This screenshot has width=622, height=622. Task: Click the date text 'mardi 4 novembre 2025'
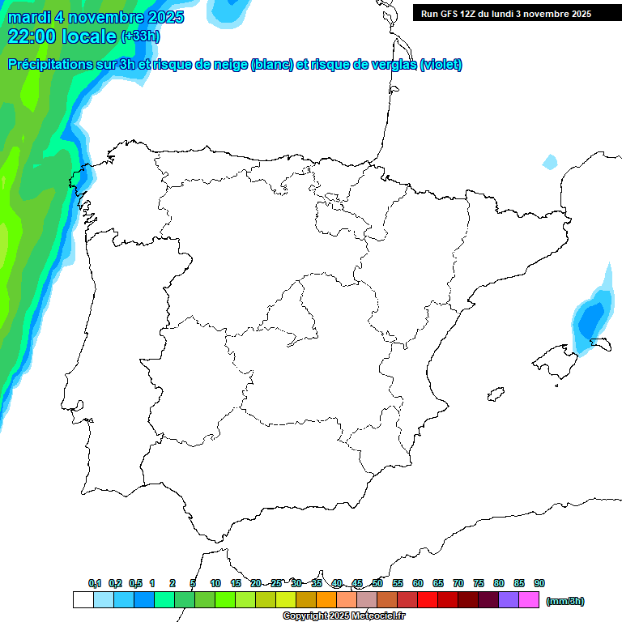tap(96, 17)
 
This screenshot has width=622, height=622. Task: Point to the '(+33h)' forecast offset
tap(140, 36)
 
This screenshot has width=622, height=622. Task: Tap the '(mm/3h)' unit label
tap(565, 601)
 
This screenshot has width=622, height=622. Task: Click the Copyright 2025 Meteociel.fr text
tap(344, 616)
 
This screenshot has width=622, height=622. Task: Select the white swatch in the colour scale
tap(83, 600)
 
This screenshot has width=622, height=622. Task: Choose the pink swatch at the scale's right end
tap(529, 600)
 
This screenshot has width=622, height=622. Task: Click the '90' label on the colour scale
tap(539, 583)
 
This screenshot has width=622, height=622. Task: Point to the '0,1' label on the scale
tap(95, 583)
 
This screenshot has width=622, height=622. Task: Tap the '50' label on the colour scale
tap(377, 583)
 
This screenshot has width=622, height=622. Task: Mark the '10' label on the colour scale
tap(215, 583)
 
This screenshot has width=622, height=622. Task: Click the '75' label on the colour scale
tap(479, 583)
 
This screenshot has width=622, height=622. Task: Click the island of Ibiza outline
tap(495, 394)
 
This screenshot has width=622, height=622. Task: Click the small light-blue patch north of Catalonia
tap(550, 162)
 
